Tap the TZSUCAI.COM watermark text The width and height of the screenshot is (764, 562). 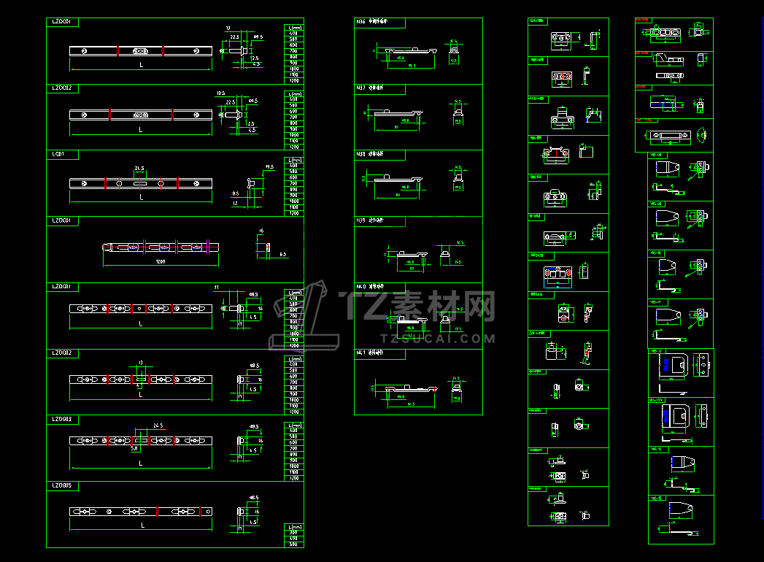click(x=438, y=339)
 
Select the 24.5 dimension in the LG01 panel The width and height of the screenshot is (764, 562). click(x=139, y=169)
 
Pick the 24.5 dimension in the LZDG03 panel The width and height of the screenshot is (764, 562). click(x=158, y=426)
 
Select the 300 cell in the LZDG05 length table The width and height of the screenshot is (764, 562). click(x=293, y=533)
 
